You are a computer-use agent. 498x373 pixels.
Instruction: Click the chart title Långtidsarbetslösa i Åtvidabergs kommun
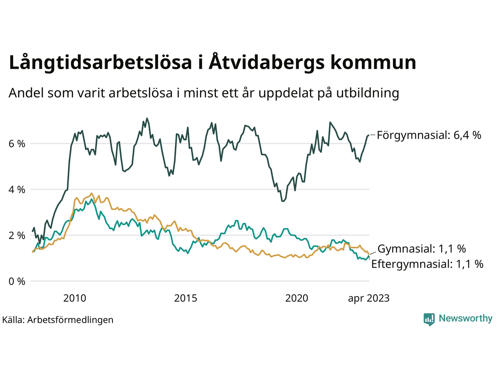212,63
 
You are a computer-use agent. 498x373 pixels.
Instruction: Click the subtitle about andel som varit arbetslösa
204,93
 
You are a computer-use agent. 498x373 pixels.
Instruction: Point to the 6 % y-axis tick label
17,144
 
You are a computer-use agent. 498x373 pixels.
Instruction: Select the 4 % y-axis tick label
17,190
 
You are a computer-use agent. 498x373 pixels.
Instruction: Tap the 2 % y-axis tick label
17,235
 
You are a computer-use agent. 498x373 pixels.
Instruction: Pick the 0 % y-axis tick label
17,281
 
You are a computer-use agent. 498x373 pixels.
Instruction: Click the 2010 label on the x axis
75,298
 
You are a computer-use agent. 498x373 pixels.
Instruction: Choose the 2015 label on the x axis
186,298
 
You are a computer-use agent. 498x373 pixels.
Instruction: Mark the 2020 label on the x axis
296,298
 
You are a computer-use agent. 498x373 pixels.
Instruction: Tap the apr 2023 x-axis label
368,298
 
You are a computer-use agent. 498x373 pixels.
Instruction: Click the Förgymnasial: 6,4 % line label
429,135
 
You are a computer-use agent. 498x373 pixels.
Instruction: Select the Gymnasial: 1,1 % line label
422,249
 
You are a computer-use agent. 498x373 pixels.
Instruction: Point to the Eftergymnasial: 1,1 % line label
427,264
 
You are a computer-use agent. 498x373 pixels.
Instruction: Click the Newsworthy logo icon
429,319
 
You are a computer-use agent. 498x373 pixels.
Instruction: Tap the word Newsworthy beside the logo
465,319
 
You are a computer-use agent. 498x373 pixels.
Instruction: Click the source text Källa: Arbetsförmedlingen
58,320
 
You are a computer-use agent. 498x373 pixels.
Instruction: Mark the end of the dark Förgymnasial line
368,135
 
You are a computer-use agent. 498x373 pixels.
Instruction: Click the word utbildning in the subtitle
368,93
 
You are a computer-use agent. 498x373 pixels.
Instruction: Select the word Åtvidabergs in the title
267,63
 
